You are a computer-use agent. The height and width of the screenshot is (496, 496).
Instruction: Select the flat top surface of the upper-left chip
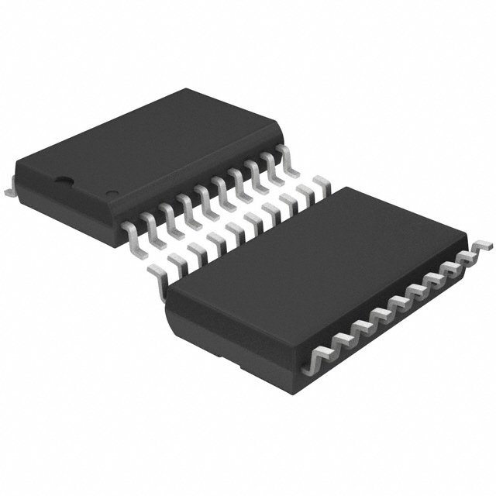tap(155, 147)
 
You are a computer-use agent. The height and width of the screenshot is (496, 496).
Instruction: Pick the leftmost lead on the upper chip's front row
tap(133, 226)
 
